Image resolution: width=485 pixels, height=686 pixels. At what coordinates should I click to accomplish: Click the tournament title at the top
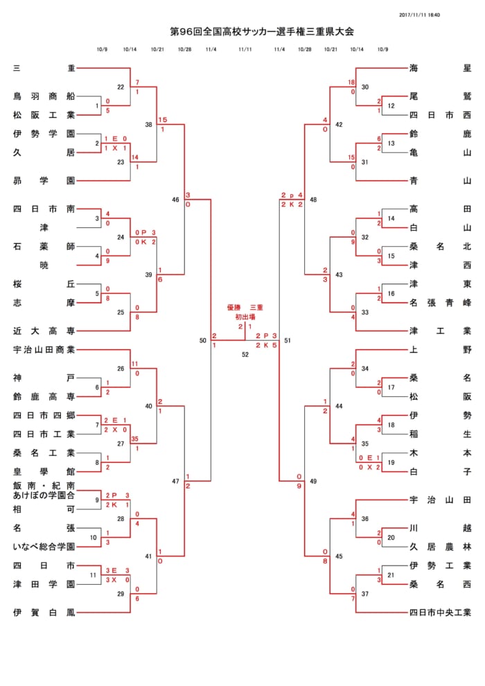coord(261,31)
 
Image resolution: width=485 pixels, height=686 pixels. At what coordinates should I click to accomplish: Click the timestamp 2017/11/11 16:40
coord(419,15)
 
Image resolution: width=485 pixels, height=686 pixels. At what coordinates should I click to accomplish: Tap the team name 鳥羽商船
coord(44,96)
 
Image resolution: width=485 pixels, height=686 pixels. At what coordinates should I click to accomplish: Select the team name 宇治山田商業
coord(44,349)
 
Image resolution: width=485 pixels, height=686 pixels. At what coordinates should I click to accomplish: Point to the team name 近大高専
coord(44,331)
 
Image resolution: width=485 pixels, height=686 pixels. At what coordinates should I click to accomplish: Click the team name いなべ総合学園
coord(44,547)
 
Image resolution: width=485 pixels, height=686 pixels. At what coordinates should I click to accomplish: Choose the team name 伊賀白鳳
coord(44,613)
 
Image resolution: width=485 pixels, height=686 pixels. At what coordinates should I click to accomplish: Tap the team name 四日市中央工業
coord(441,613)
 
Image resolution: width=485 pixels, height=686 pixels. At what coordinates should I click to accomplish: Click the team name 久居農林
coord(441,547)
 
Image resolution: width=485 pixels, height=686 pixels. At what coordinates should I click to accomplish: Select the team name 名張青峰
coord(441,303)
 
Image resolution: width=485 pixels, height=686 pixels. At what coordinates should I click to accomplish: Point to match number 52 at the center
coord(245,354)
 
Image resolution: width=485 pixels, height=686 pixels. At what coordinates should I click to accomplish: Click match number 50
coord(202,340)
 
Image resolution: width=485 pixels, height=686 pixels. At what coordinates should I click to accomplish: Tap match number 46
coord(175,200)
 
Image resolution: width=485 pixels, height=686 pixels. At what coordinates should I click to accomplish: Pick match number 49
coord(313,482)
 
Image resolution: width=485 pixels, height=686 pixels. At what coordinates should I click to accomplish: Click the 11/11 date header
coord(245,49)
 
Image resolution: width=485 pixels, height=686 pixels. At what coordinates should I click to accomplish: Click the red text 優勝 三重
coord(245,308)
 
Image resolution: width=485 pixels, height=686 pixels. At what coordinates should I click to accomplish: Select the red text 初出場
coord(245,317)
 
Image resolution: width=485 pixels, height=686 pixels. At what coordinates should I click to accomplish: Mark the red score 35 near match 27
coord(134,439)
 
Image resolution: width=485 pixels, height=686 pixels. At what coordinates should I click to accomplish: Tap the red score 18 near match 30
coord(351,82)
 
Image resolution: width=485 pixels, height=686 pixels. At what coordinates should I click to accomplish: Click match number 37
coord(365,594)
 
